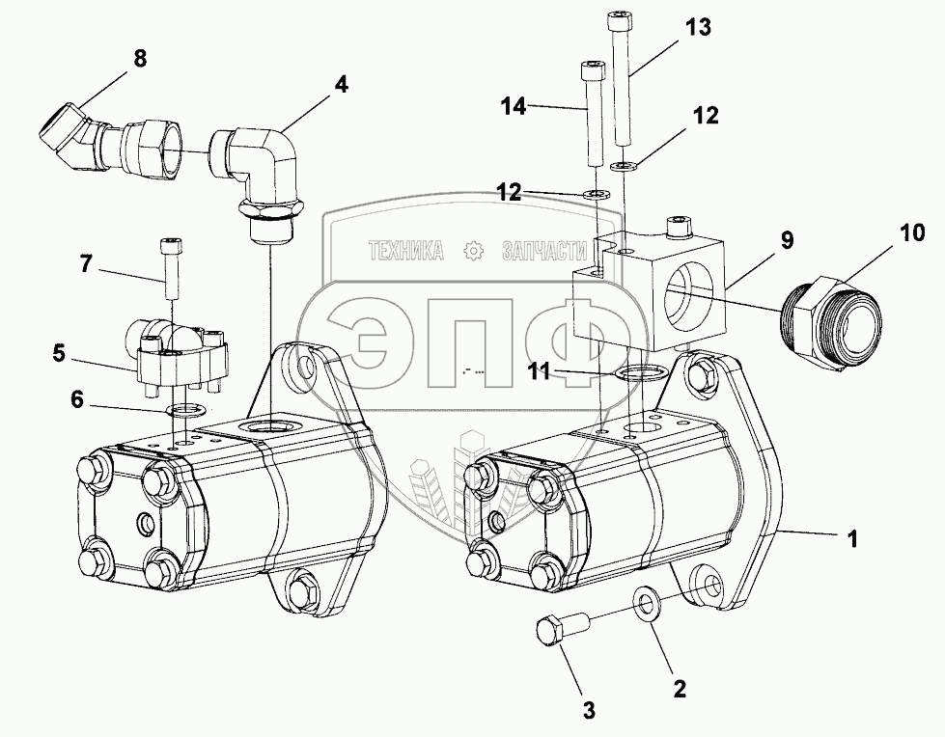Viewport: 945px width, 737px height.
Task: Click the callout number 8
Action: [x=140, y=58]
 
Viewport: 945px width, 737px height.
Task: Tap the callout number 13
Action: [x=698, y=28]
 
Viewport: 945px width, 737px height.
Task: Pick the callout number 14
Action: [x=514, y=106]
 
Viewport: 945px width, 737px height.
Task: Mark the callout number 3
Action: [x=589, y=711]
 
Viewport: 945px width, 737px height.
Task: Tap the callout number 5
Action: [x=59, y=353]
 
